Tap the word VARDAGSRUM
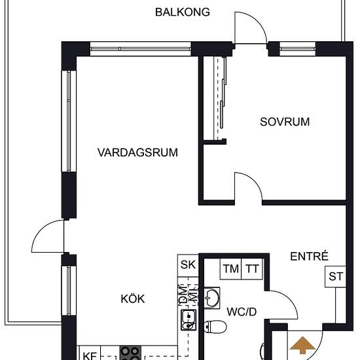(x=138, y=153)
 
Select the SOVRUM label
(x=284, y=121)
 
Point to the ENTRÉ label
(x=309, y=257)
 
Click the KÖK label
(x=132, y=298)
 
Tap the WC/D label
(x=242, y=312)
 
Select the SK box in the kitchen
(x=188, y=265)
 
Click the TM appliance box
(x=230, y=268)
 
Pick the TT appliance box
(x=252, y=268)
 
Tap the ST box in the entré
(x=336, y=276)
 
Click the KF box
(x=88, y=355)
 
